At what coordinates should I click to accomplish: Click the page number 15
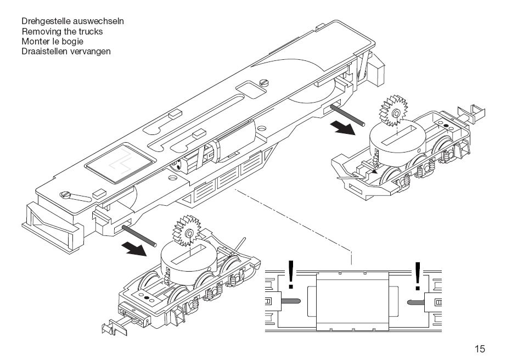pos(480,348)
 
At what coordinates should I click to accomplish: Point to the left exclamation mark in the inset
pos(291,274)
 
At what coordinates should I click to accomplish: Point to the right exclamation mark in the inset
pos(418,276)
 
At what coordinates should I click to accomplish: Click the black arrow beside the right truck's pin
pos(342,128)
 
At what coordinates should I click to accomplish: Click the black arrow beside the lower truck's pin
pos(134,249)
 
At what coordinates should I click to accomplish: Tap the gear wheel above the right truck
pos(393,111)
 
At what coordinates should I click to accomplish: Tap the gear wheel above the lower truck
pos(187,231)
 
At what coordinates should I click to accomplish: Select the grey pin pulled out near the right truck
pos(347,115)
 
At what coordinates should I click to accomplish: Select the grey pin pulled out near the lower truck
pos(139,236)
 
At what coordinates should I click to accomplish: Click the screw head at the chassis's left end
pos(65,194)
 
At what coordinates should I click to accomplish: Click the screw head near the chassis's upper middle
pos(264,83)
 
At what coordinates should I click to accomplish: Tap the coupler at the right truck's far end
pos(473,113)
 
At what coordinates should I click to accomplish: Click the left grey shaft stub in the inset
pos(291,301)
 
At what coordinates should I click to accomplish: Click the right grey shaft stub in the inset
pos(416,302)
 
